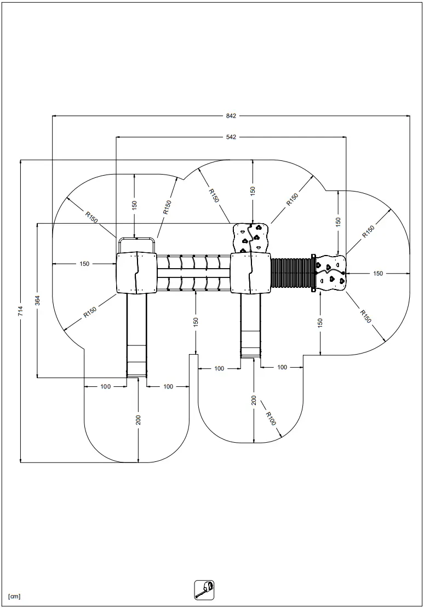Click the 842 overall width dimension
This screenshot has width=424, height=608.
pyautogui.click(x=231, y=115)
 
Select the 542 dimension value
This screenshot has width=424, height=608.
pyautogui.click(x=231, y=137)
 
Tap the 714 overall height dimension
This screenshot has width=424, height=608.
pyautogui.click(x=21, y=311)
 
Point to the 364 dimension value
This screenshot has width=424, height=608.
pyautogui.click(x=38, y=300)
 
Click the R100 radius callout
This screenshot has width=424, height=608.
pyautogui.click(x=271, y=419)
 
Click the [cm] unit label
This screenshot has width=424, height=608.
pyautogui.click(x=14, y=597)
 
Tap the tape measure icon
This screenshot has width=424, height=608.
pyautogui.click(x=204, y=590)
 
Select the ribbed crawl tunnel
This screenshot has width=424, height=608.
pyautogui.click(x=292, y=274)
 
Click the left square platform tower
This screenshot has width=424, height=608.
pyautogui.click(x=136, y=273)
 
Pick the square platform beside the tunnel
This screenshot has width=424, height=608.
pyautogui.click(x=250, y=273)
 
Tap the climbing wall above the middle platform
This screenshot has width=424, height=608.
pyautogui.click(x=250, y=238)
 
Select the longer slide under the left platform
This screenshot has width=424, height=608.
pyautogui.click(x=136, y=335)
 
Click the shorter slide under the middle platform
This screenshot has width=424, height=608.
pyautogui.click(x=250, y=326)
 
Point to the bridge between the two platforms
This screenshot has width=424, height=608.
pyautogui.click(x=194, y=273)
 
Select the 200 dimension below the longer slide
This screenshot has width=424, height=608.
pyautogui.click(x=139, y=420)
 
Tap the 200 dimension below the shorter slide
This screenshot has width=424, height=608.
pyautogui.click(x=254, y=400)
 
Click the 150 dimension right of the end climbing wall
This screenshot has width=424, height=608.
pyautogui.click(x=378, y=274)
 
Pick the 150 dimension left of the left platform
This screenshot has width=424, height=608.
pyautogui.click(x=84, y=264)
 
